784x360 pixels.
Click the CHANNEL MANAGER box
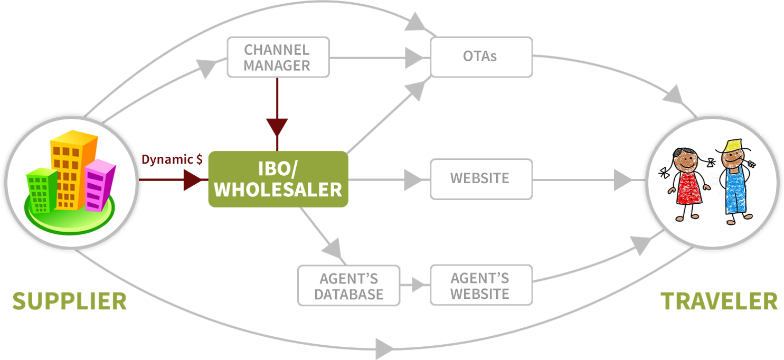[278, 57]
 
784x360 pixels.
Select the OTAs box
[481, 56]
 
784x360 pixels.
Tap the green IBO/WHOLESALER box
[278, 179]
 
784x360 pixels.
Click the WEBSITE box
[481, 178]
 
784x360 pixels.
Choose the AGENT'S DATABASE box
[348, 286]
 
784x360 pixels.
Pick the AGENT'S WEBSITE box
[481, 285]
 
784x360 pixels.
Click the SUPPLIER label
[70, 301]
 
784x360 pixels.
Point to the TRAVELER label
[719, 301]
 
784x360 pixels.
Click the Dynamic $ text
[172, 159]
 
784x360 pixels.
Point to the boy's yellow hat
[733, 144]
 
